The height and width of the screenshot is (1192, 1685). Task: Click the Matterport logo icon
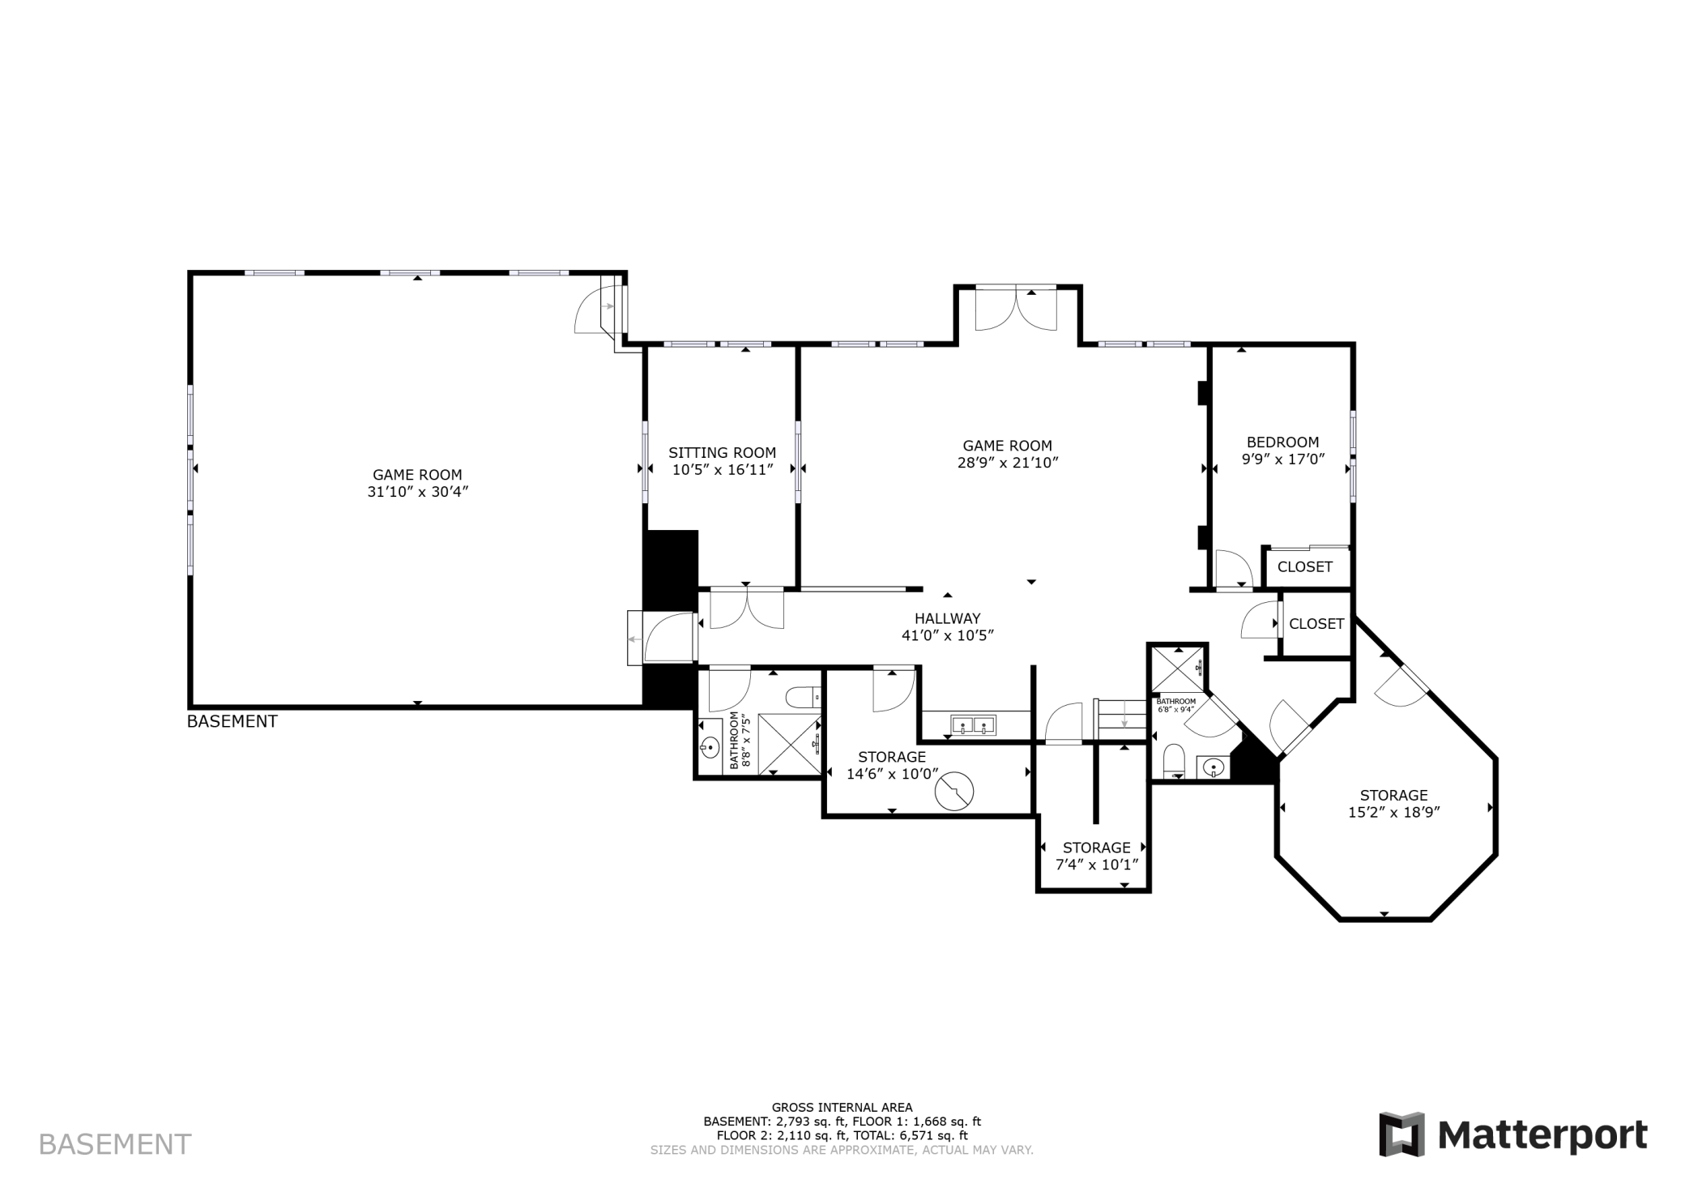pyautogui.click(x=1401, y=1134)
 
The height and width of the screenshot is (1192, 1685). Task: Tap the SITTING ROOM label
pyautogui.click(x=722, y=453)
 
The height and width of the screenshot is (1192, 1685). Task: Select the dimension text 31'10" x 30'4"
pyautogui.click(x=418, y=491)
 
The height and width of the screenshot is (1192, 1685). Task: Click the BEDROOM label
pyautogui.click(x=1282, y=442)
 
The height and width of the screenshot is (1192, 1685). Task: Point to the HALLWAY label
pyautogui.click(x=948, y=618)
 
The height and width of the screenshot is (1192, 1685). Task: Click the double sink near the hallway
pyautogui.click(x=973, y=724)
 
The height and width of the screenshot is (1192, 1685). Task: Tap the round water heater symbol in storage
pyautogui.click(x=954, y=790)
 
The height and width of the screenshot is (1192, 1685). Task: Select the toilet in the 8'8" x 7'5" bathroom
pyautogui.click(x=804, y=696)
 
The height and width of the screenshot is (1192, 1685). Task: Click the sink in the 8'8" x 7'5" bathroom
pyautogui.click(x=710, y=746)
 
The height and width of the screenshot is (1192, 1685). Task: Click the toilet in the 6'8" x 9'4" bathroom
pyautogui.click(x=1173, y=763)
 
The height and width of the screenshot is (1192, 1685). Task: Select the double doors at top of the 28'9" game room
pyautogui.click(x=1016, y=309)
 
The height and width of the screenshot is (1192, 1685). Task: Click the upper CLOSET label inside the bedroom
pyautogui.click(x=1304, y=566)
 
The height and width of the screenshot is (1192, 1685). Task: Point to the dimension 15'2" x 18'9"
pyautogui.click(x=1393, y=812)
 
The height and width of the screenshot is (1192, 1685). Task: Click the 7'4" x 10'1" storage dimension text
pyautogui.click(x=1097, y=864)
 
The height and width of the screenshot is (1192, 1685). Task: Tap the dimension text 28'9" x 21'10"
pyautogui.click(x=1008, y=463)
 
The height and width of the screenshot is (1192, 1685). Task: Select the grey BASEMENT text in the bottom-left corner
pyautogui.click(x=115, y=1144)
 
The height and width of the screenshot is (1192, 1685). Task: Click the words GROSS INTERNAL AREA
pyautogui.click(x=842, y=1107)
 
